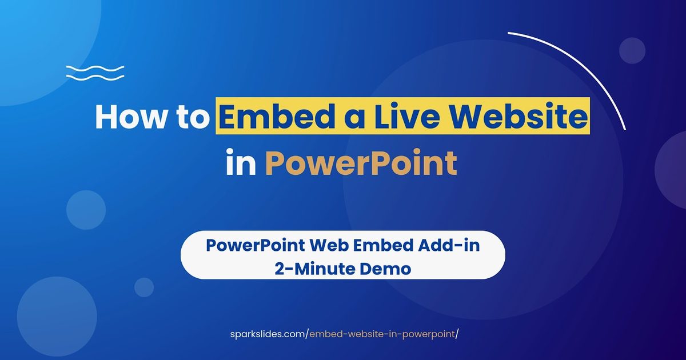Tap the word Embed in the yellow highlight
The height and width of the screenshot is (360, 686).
[x=277, y=117]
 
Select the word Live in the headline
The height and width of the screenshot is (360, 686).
[x=408, y=117]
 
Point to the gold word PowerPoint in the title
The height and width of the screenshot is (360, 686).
[x=361, y=162]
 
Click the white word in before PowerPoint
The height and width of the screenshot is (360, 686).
[x=241, y=162]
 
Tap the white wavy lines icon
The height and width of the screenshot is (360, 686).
[x=95, y=73]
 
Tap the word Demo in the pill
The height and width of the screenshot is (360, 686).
[x=385, y=269]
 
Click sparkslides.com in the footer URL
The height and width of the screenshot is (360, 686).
[x=268, y=334]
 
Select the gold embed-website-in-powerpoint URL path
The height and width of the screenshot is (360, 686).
[x=382, y=334]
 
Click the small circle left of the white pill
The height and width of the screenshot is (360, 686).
[x=144, y=287]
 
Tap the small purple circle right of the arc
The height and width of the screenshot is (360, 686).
[x=632, y=50]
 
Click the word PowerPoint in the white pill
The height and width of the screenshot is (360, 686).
[x=255, y=246]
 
